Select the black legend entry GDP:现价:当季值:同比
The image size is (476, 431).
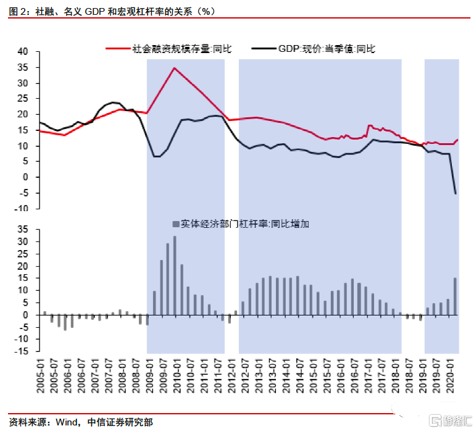327,49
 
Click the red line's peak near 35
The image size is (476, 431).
175,68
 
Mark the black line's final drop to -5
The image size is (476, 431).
456,193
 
